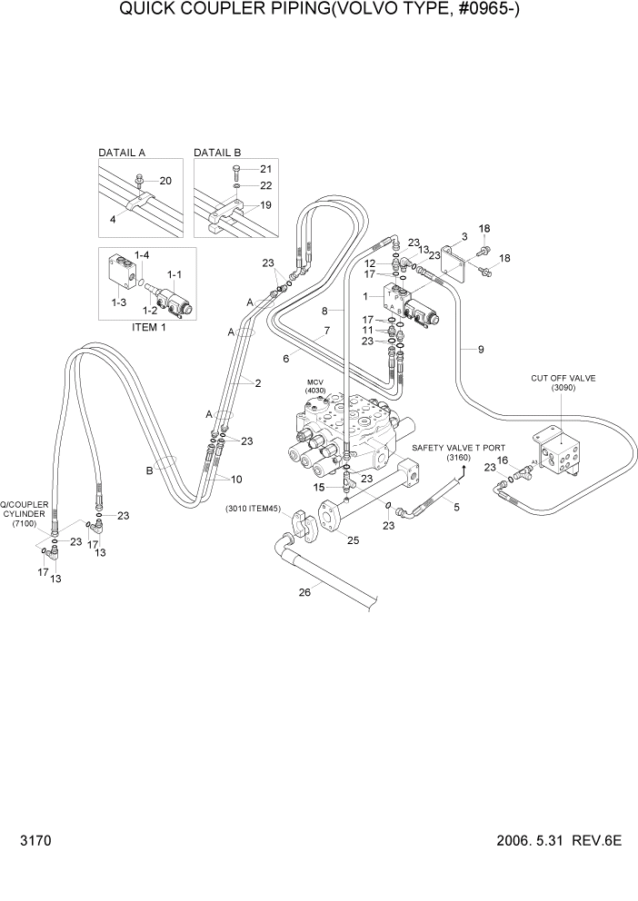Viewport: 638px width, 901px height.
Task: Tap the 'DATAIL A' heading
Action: [123, 153]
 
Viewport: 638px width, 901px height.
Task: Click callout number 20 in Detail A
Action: [165, 181]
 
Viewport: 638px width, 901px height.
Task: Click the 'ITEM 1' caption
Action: [146, 328]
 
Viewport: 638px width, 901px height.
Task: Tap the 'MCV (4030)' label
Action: [315, 386]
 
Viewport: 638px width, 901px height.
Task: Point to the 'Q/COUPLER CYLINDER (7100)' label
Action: [23, 514]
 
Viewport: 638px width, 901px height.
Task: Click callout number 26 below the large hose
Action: [304, 593]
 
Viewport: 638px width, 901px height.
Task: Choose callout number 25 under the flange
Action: [353, 540]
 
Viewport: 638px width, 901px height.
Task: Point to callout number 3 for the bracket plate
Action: [464, 236]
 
